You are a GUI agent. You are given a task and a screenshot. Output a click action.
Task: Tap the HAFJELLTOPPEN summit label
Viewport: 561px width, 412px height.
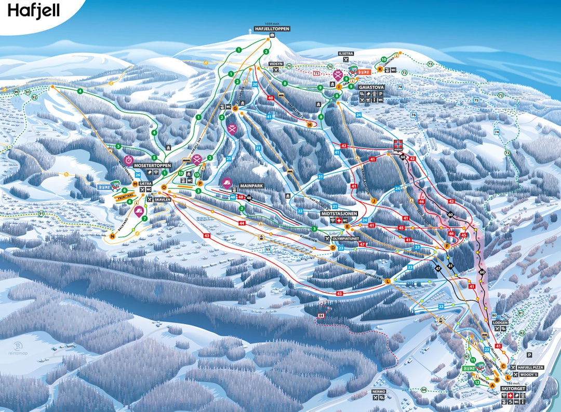[272, 29]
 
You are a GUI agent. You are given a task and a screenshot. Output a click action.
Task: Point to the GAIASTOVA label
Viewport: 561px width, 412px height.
[371, 87]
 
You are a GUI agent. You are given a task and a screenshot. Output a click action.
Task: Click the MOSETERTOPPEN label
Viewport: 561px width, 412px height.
[153, 165]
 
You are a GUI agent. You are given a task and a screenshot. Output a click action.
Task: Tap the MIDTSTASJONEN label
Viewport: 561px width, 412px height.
[340, 213]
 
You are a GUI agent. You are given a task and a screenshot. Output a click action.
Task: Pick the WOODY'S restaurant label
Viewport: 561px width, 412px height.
[528, 374]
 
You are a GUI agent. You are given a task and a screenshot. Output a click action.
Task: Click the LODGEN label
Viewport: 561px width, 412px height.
[501, 322]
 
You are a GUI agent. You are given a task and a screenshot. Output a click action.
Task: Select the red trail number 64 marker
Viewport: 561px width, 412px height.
[321, 315]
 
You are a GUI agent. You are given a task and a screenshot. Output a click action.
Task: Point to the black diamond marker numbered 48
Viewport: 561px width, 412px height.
[249, 197]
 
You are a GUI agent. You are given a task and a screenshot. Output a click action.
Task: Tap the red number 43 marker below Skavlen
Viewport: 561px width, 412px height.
[207, 236]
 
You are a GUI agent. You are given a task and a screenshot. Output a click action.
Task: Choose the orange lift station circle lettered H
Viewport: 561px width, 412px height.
[310, 125]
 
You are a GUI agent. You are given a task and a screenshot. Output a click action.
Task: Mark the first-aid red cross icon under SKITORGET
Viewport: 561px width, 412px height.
[510, 396]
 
